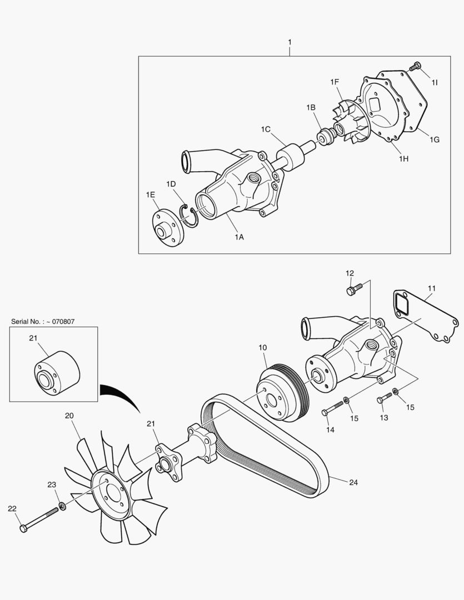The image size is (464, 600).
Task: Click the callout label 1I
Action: click(435, 82)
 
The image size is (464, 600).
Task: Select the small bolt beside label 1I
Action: click(415, 67)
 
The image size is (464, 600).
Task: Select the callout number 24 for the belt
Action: click(353, 482)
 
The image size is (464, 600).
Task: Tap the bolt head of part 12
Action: click(351, 290)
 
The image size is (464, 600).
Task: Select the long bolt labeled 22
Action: click(39, 520)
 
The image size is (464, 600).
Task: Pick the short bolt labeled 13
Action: click(384, 398)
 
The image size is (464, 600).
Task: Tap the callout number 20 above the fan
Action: click(69, 416)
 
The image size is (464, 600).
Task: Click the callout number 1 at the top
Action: click(290, 42)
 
